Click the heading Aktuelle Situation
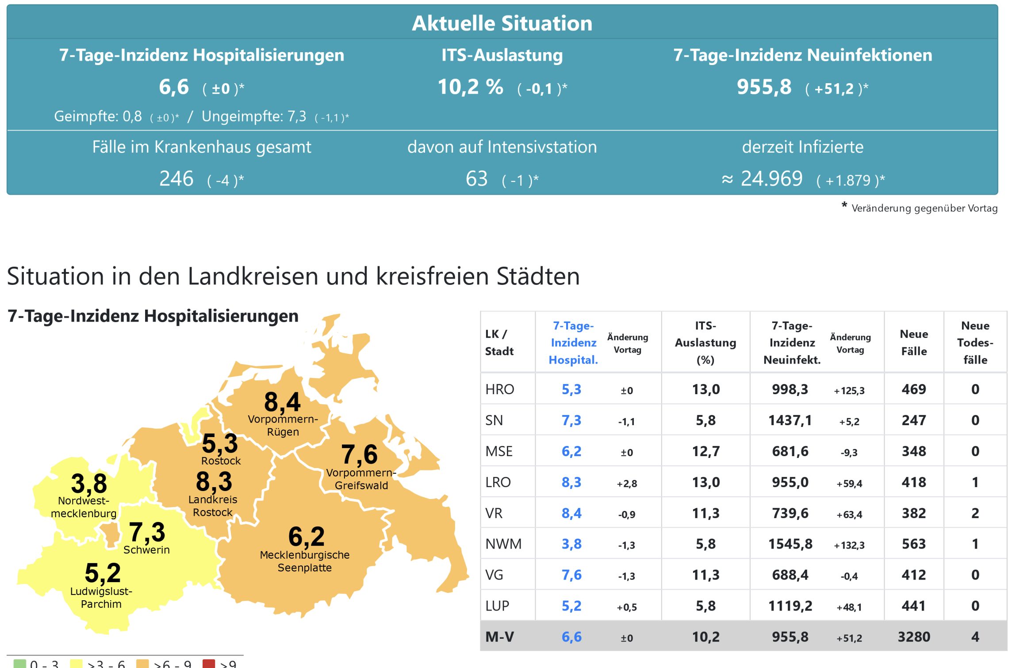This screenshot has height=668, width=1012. pyautogui.click(x=502, y=23)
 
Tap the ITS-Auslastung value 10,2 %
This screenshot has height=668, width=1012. pyautogui.click(x=470, y=87)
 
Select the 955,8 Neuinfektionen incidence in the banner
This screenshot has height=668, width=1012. pyautogui.click(x=764, y=87)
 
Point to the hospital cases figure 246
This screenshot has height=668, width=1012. pyautogui.click(x=176, y=179)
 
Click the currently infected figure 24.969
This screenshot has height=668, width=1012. pyautogui.click(x=771, y=179)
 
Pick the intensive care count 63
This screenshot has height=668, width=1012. pyautogui.click(x=476, y=179)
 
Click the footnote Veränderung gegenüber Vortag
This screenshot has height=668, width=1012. pyautogui.click(x=924, y=208)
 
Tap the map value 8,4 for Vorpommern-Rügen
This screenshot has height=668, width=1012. pyautogui.click(x=282, y=402)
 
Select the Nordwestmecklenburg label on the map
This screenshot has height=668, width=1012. pyautogui.click(x=84, y=507)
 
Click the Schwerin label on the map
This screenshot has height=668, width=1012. pyautogui.click(x=146, y=550)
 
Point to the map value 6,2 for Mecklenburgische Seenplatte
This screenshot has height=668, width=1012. pyautogui.click(x=307, y=537)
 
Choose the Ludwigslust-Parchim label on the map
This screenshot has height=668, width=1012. pyautogui.click(x=101, y=598)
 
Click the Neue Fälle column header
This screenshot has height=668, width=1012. pyautogui.click(x=914, y=342)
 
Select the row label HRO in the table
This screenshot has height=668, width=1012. pyautogui.click(x=500, y=389)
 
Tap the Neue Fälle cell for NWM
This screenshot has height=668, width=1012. pyautogui.click(x=914, y=544)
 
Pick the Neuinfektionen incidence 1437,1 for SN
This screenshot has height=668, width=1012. pyautogui.click(x=790, y=420)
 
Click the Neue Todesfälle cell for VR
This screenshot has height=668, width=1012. pyautogui.click(x=975, y=513)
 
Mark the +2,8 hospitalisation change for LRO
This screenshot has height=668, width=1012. pyautogui.click(x=627, y=484)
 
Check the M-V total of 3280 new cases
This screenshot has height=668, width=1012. pyautogui.click(x=914, y=637)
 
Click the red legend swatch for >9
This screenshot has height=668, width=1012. pyautogui.click(x=209, y=664)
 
